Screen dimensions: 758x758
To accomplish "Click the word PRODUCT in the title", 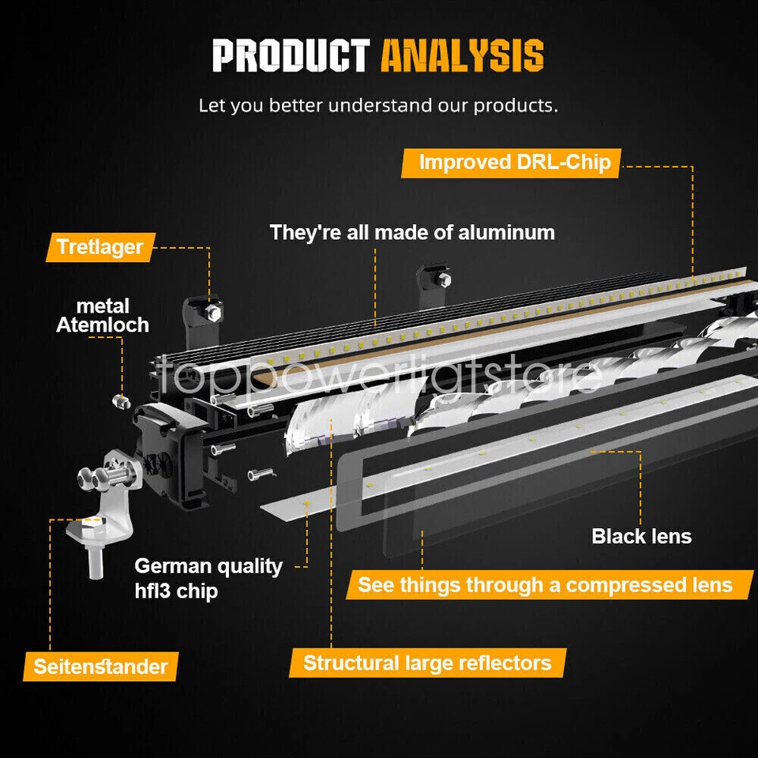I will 291,57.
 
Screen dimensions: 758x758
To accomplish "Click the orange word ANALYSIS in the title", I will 462,57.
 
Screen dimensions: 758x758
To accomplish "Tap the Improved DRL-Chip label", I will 514,163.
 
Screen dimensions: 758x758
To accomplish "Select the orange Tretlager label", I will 99,247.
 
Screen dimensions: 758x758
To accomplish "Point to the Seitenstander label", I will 100,666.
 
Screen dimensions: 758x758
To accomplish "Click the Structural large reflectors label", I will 427,662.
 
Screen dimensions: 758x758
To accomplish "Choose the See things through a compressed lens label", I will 545,585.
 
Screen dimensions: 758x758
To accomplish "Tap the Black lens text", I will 641,537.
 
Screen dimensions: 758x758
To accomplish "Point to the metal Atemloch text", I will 103,315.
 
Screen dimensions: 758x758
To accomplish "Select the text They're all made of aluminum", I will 412,233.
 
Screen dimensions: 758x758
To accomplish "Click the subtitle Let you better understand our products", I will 378,105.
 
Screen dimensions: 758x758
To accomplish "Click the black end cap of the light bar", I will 167,454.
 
